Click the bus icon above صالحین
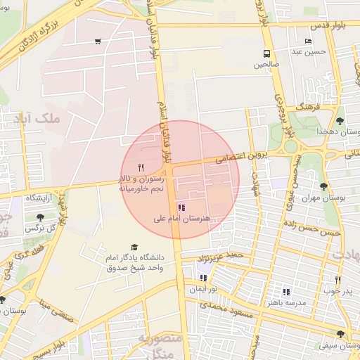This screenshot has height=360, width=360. (266, 53)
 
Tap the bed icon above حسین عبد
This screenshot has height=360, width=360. (308, 41)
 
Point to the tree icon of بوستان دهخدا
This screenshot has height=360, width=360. (340, 121)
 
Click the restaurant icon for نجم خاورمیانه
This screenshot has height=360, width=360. (141, 167)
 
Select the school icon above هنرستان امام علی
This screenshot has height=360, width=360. (182, 207)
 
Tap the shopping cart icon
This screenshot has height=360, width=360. (97, 41)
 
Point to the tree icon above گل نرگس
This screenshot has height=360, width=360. (40, 217)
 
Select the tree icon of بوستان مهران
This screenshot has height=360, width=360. (323, 186)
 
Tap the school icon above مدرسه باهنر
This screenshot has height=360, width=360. (286, 292)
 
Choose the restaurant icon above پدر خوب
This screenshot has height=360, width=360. (331, 277)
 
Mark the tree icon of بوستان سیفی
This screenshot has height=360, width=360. (340, 335)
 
